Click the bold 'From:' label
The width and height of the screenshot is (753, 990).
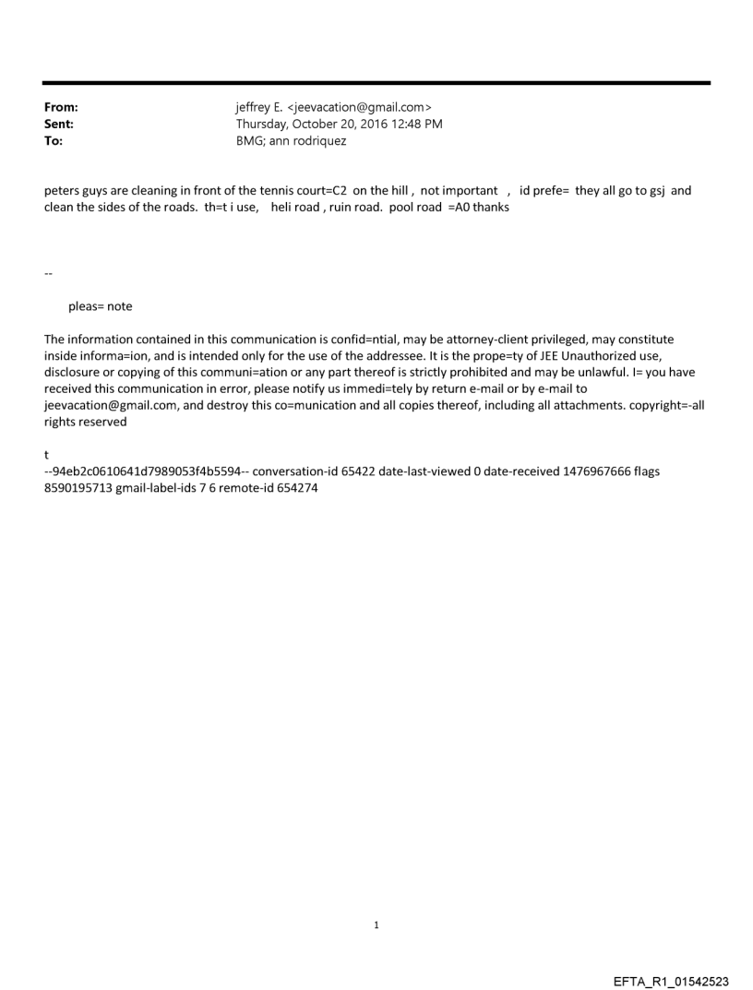tap(61, 108)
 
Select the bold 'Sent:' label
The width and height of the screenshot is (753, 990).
tap(60, 125)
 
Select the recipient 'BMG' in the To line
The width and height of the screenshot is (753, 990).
tap(250, 141)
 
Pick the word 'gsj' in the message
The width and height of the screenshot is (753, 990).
tap(653, 191)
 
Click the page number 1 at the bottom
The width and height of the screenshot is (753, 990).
tap(376, 924)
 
